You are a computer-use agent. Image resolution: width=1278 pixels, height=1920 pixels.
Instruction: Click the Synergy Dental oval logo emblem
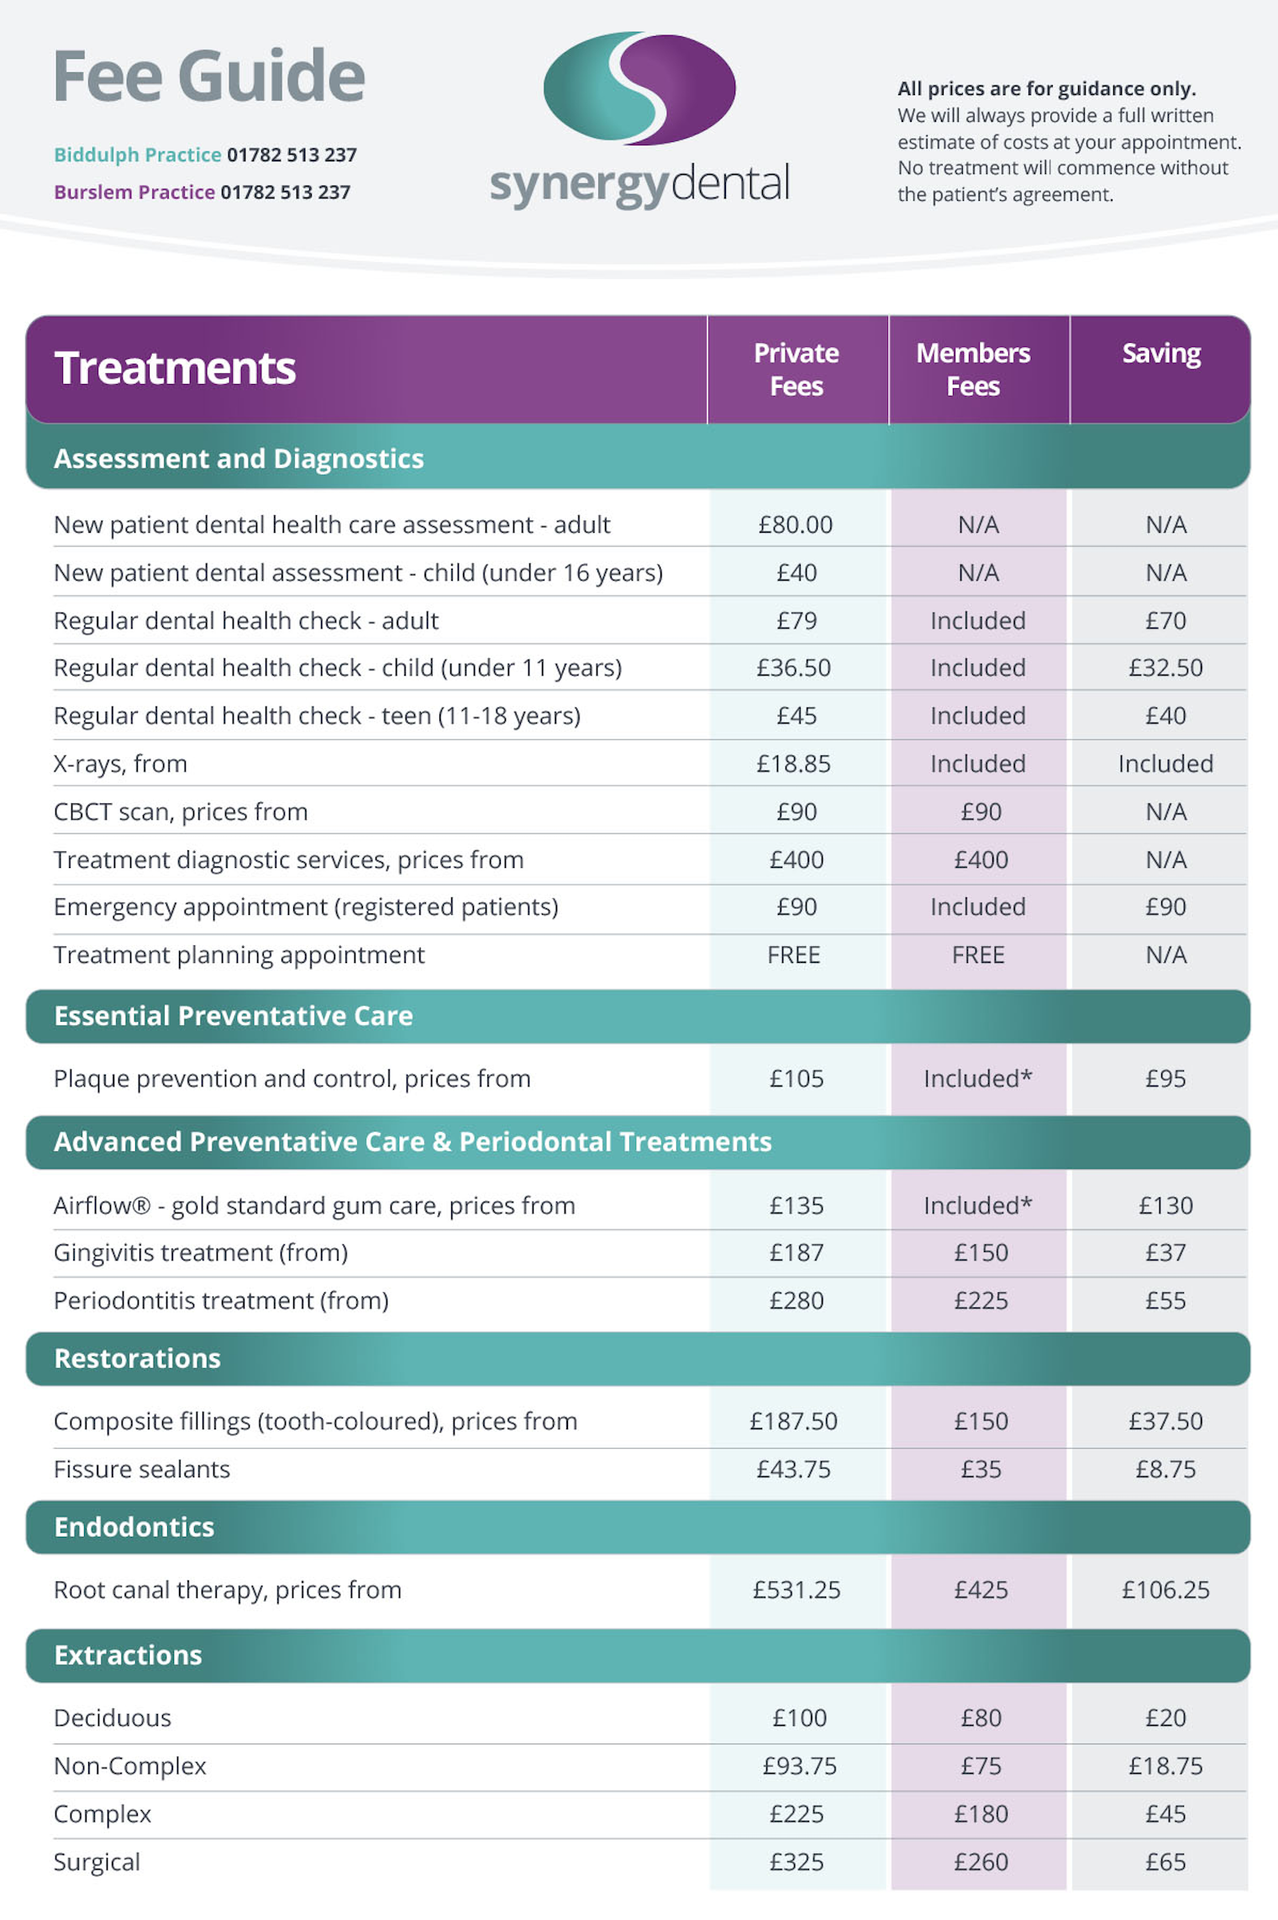(639, 87)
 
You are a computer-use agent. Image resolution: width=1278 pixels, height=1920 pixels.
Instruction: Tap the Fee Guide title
(208, 76)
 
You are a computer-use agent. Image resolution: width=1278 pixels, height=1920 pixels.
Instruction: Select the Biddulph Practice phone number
(292, 155)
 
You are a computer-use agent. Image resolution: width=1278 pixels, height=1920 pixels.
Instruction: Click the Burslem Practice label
(134, 192)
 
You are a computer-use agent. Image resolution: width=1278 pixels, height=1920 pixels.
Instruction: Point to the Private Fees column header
(796, 370)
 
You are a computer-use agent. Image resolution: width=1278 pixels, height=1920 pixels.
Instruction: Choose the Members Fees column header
(973, 370)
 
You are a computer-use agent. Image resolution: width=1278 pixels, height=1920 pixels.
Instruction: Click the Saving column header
(1161, 354)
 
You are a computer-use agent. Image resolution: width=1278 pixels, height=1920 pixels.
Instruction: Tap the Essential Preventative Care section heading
(234, 1016)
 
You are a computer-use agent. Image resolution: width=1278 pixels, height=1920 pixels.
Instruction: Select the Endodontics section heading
(134, 1527)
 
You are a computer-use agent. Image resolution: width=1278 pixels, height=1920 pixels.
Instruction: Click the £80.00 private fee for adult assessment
(795, 525)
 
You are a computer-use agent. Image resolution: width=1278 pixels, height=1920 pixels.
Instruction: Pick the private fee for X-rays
(793, 764)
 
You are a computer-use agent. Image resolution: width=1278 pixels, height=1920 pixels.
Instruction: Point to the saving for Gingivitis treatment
(1165, 1253)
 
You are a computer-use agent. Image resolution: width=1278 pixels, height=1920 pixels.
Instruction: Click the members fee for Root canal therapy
(981, 1590)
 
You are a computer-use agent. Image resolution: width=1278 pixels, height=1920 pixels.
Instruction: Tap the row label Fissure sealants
(142, 1470)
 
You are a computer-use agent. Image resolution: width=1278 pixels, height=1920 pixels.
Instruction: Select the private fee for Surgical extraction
(796, 1862)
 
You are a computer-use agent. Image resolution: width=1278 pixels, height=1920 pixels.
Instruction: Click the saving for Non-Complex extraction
(1165, 1766)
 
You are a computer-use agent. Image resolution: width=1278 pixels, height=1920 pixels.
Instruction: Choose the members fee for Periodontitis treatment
(981, 1301)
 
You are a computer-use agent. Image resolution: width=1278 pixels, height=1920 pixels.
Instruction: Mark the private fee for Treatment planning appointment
(793, 955)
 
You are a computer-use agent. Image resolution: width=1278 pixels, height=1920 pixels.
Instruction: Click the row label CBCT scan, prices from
(181, 812)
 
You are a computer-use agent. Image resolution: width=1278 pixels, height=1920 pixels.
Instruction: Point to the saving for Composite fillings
(1165, 1422)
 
